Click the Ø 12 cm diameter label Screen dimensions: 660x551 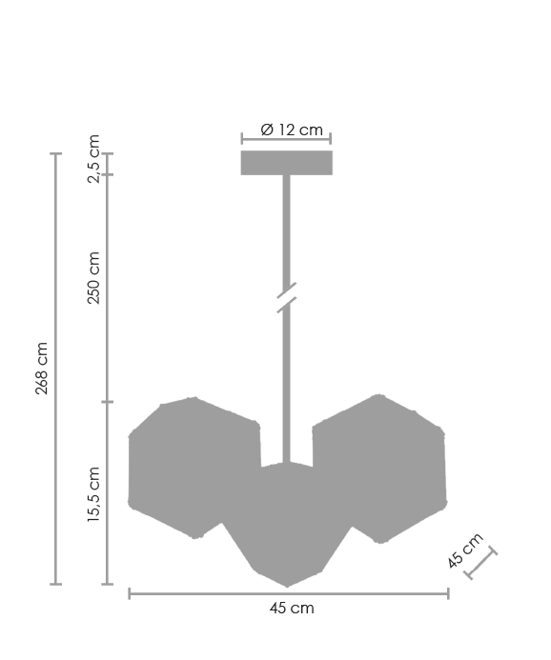(x=291, y=130)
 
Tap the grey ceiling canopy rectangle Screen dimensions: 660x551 (x=286, y=163)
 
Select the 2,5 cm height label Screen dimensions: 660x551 (x=92, y=159)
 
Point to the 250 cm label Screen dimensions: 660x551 (x=92, y=278)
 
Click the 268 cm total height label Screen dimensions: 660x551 (x=42, y=368)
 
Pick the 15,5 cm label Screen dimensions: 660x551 (x=92, y=494)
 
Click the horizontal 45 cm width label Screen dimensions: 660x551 (x=291, y=608)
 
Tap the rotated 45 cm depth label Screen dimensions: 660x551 (x=466, y=551)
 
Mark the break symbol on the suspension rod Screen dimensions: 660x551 (x=286, y=297)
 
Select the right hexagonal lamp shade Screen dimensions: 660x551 (x=381, y=467)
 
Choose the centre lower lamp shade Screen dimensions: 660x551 (x=286, y=524)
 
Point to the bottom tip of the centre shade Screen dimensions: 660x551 (x=287, y=586)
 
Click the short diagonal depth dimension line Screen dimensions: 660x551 (x=481, y=564)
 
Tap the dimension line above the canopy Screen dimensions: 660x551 (x=286, y=140)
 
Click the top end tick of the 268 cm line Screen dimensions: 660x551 (x=55, y=153)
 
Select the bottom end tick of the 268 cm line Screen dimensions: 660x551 (x=55, y=584)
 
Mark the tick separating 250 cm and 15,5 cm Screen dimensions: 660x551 (x=107, y=402)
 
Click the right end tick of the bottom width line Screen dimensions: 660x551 (x=448, y=593)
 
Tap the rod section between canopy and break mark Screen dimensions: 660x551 (x=286, y=229)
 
